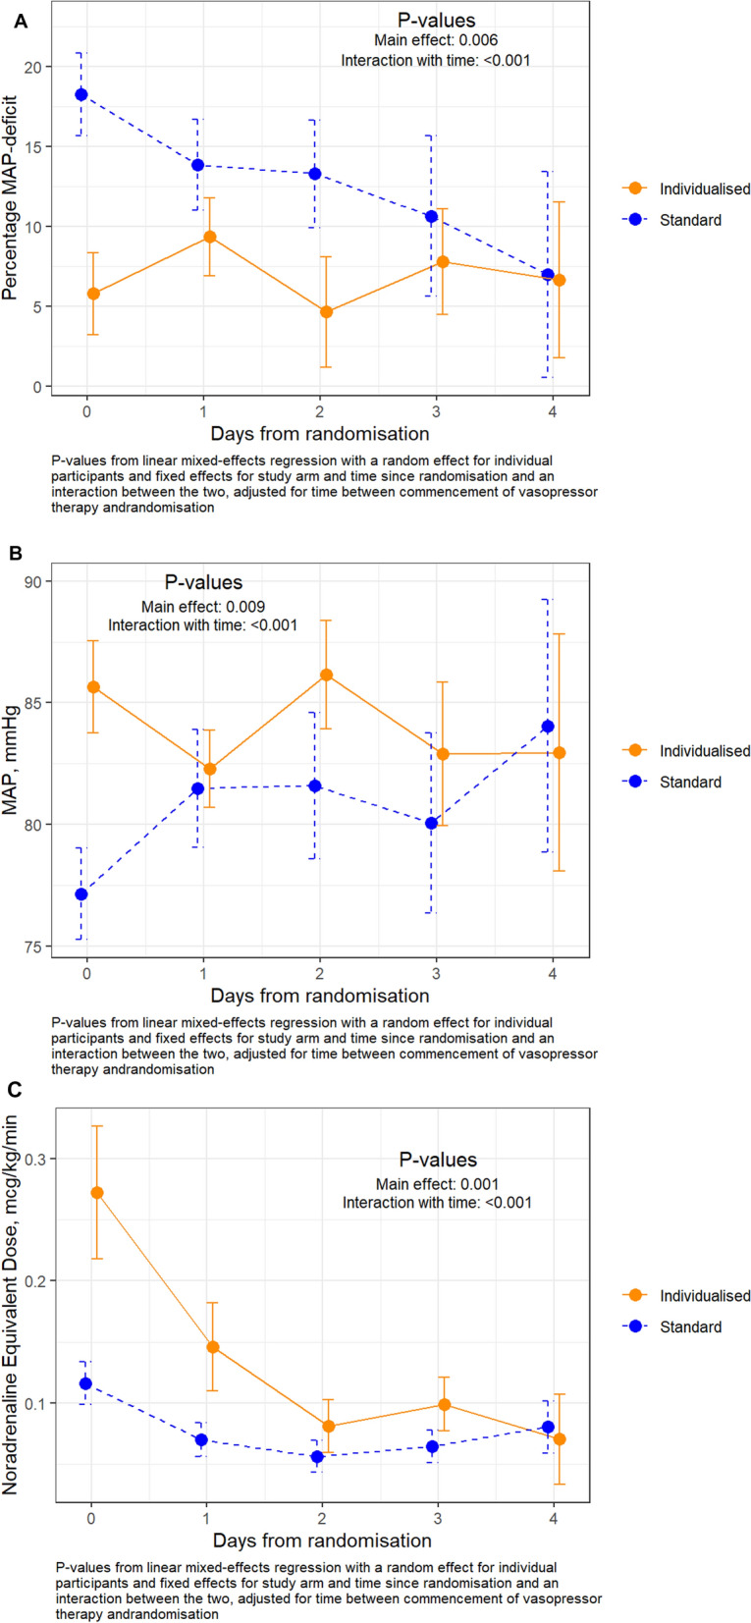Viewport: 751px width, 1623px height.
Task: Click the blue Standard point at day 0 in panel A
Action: coord(81,94)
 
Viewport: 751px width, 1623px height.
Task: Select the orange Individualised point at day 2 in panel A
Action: coord(326,312)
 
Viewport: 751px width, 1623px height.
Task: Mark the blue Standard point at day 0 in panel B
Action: coord(81,894)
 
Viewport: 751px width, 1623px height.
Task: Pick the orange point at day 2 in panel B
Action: coord(326,676)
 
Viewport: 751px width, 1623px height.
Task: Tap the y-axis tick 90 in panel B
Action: coord(44,581)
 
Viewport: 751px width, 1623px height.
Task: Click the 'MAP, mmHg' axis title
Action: coord(13,764)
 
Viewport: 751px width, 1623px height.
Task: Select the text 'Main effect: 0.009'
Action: coord(202,607)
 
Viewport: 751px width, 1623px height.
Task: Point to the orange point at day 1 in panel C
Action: coord(212,1347)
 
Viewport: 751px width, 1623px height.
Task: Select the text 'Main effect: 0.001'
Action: coord(437,1184)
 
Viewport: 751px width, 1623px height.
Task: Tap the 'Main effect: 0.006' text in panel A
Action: coord(436,40)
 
